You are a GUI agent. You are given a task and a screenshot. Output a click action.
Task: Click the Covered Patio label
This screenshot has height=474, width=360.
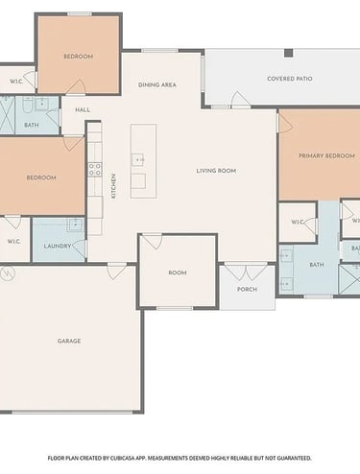(290, 79)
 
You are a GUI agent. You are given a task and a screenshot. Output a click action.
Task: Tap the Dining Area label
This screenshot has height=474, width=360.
(157, 84)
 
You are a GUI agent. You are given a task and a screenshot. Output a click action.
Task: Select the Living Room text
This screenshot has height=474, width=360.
(216, 171)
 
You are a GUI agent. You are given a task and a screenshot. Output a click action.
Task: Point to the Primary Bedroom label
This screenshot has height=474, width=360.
(326, 155)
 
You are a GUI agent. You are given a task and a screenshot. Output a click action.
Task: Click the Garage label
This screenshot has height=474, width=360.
(69, 341)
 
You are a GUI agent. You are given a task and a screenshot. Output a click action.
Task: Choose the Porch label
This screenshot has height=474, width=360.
(247, 289)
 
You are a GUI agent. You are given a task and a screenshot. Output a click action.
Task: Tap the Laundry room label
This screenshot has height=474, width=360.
(58, 246)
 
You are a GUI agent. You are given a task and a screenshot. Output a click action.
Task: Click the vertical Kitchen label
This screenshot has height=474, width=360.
(113, 186)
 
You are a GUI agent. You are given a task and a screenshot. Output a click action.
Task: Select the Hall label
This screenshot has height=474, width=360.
(83, 110)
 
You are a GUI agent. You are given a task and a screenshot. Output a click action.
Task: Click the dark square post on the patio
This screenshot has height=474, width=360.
(289, 53)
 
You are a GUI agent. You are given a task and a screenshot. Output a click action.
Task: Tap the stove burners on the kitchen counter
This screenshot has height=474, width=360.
(95, 170)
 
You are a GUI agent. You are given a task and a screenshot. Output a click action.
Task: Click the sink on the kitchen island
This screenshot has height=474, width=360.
(138, 159)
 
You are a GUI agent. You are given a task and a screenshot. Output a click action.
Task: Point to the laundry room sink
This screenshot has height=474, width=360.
(75, 225)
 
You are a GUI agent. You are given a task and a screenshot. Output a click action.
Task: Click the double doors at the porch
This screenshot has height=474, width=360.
(246, 272)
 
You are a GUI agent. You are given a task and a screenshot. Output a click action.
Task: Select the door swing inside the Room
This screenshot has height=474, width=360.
(152, 242)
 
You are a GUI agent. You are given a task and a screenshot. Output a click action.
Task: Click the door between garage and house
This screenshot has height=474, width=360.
(116, 272)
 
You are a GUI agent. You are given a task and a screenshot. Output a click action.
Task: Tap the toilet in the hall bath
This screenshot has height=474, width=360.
(27, 105)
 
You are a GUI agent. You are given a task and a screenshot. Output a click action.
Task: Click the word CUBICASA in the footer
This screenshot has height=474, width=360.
(122, 459)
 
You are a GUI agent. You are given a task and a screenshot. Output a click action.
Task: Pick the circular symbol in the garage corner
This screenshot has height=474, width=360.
(8, 273)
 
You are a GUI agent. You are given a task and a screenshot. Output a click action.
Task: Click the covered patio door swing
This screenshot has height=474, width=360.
(241, 99)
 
